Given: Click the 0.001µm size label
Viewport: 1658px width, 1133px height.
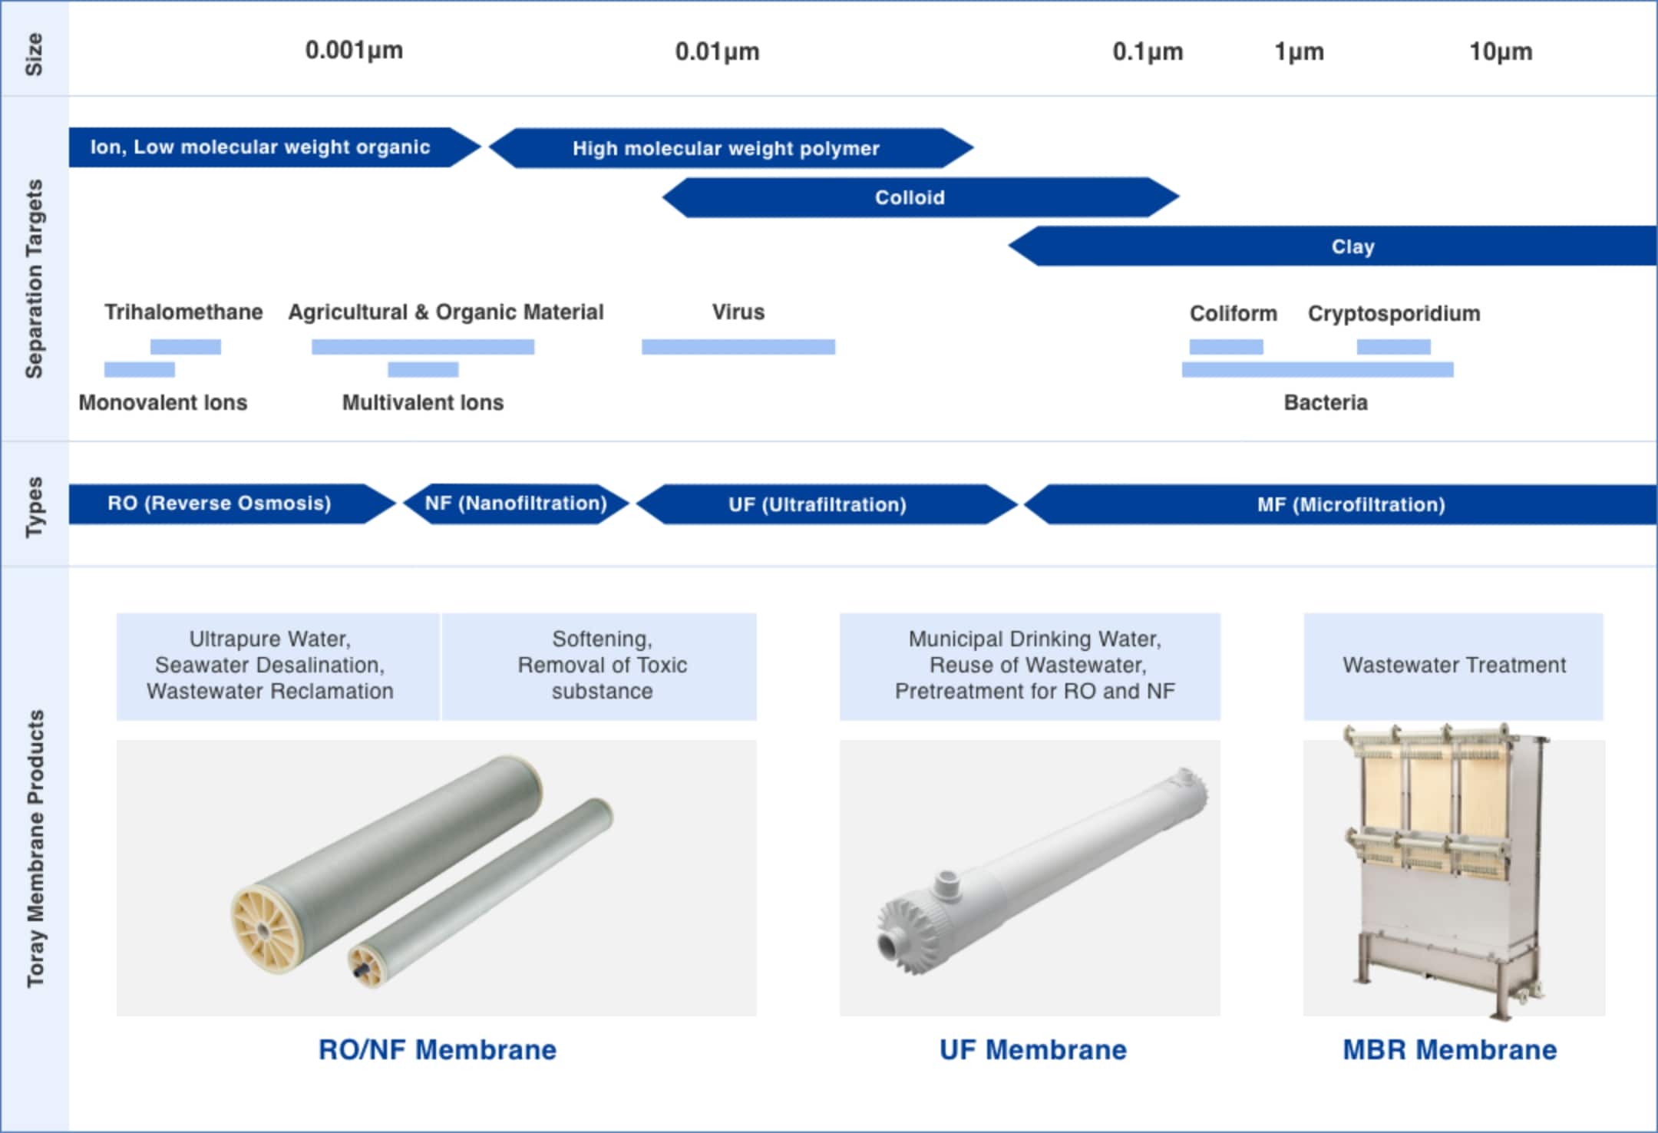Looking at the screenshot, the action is coord(354,51).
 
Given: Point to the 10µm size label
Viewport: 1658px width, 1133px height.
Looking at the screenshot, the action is coord(1501,51).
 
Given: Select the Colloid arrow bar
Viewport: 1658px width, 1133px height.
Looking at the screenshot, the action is coord(920,197).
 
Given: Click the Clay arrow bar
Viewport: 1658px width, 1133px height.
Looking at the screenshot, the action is coord(1333,246).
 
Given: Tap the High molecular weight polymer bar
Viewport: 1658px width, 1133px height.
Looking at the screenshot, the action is coord(731,147).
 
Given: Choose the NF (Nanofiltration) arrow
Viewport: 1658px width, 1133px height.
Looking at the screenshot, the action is coord(516,504).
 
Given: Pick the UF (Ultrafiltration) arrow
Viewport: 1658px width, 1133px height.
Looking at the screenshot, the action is coord(827,504).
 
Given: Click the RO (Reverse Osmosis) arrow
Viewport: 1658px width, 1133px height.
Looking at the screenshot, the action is coord(232,504).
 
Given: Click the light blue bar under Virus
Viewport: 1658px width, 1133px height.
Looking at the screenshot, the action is coord(738,347).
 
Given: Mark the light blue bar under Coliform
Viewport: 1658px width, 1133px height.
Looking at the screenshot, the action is coord(1226,347).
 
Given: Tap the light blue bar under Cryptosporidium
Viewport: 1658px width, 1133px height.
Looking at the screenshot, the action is coord(1393,347).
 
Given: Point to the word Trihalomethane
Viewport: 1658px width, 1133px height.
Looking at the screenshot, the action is coord(183,312).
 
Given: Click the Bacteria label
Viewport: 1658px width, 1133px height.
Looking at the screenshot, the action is coord(1326,403).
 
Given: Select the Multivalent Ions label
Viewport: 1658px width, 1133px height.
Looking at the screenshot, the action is coord(423,403).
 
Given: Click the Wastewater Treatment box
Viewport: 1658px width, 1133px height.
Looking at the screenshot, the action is coord(1454,666).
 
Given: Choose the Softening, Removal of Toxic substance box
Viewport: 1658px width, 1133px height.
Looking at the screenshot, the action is coord(599,666).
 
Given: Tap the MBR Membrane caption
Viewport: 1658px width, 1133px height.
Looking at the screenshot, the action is coord(1450,1049).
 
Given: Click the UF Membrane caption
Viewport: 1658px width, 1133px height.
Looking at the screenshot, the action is coord(1033,1049).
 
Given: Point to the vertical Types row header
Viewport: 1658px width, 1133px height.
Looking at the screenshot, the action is coord(35,507).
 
